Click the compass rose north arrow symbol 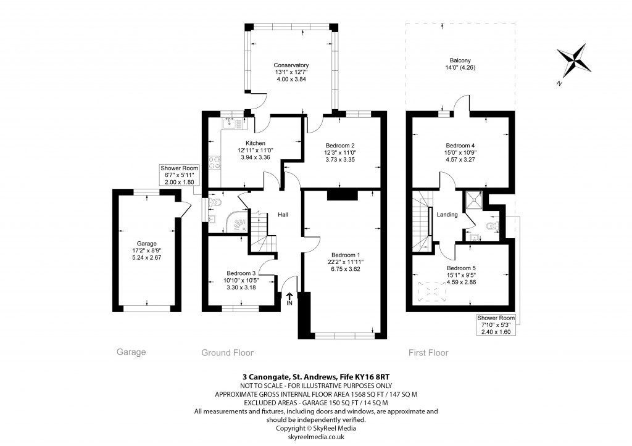(x=574, y=61)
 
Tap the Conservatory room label (x=291, y=65)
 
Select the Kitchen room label (x=238, y=143)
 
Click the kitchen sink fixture (x=232, y=122)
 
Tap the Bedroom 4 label (x=460, y=139)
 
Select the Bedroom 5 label (x=462, y=268)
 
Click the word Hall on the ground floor (x=283, y=215)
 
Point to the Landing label (x=447, y=215)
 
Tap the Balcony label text (x=460, y=60)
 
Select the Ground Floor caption (x=227, y=353)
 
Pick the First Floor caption (x=428, y=353)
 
